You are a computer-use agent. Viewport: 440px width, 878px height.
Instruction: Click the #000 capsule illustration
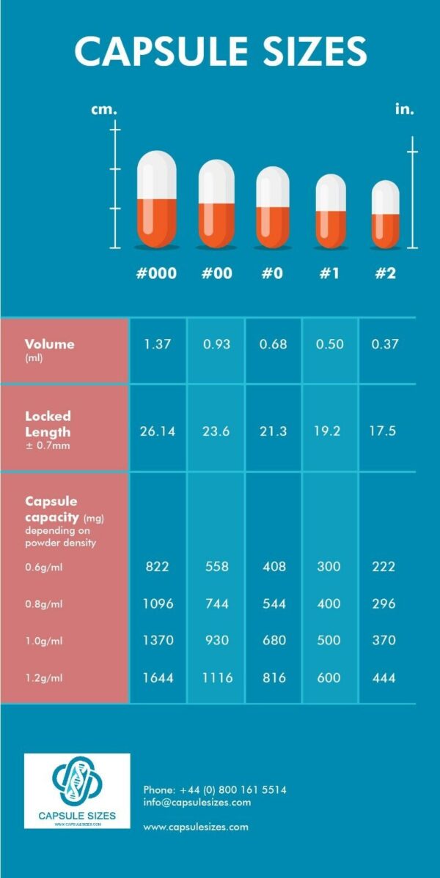pos(157,199)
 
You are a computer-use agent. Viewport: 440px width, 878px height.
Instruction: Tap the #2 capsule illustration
pos(386,215)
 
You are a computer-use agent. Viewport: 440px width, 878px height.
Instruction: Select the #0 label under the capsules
pos(273,273)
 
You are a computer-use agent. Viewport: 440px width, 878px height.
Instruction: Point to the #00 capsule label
pos(216,273)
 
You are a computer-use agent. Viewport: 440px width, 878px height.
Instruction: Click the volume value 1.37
pos(157,344)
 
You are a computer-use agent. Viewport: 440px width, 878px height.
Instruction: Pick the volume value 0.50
pos(330,344)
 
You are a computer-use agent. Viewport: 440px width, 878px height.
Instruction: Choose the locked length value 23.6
pos(216,431)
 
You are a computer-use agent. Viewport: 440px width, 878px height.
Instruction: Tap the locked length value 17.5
pos(382,431)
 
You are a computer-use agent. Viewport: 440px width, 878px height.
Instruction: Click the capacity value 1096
pos(157,603)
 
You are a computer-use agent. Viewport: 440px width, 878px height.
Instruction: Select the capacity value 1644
pos(157,678)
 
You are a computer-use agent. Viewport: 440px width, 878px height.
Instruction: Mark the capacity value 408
pos(273,566)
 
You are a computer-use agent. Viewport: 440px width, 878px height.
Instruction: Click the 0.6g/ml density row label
pos(43,566)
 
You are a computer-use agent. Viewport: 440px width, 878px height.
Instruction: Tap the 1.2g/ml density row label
pos(43,678)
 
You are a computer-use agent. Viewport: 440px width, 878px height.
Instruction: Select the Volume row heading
pos(49,344)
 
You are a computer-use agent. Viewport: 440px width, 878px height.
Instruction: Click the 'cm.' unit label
pos(103,110)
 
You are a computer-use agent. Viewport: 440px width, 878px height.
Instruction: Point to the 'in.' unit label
pos(404,110)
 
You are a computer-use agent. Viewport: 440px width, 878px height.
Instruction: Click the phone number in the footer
pos(215,790)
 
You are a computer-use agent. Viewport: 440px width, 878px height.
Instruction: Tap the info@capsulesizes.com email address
pos(197,802)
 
